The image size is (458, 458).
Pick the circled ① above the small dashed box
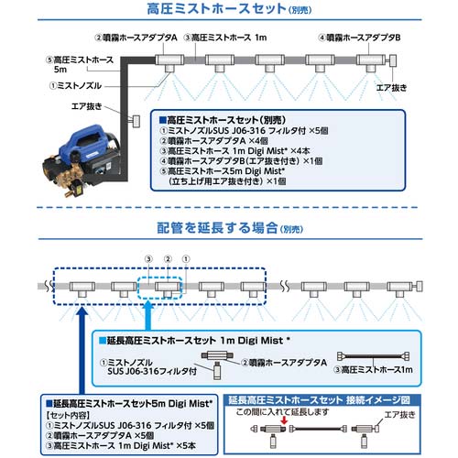(188, 259)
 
